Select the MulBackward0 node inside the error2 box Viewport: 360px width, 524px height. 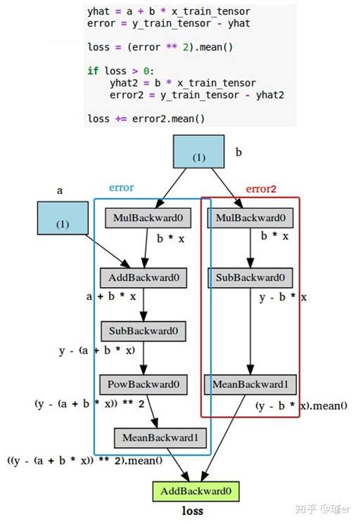click(251, 219)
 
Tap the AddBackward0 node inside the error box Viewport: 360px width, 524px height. click(144, 277)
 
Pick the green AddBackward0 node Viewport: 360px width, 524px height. click(197, 491)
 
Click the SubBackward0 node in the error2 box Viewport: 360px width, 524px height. click(251, 277)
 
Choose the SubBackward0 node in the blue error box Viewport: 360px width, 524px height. click(144, 331)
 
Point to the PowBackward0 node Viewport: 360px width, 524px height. click(144, 384)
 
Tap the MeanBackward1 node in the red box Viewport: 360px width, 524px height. click(251, 384)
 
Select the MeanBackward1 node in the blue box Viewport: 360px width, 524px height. click(160, 437)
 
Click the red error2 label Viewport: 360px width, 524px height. click(261, 188)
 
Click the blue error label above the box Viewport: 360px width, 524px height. click(122, 187)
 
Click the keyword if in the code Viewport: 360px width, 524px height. click(93, 71)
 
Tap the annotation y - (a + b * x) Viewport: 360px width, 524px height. click(96, 350)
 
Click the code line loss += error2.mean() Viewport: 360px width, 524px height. click(147, 118)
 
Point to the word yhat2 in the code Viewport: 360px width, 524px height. click(125, 83)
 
